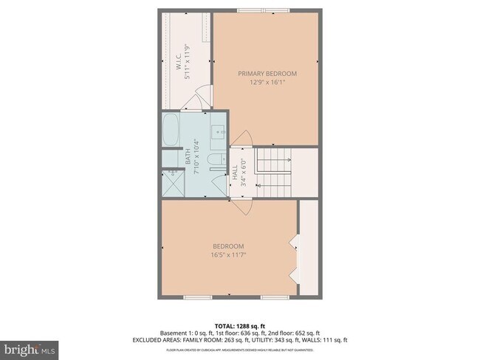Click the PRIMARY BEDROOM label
pyautogui.click(x=267, y=74)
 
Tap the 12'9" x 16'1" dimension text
pyautogui.click(x=267, y=83)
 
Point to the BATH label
pyautogui.click(x=188, y=154)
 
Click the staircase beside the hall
pyautogui.click(x=275, y=170)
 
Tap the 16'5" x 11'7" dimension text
pyautogui.click(x=229, y=255)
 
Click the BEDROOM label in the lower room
pyautogui.click(x=229, y=246)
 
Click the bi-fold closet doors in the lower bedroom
pyautogui.click(x=295, y=259)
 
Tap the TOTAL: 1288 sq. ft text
pyautogui.click(x=240, y=325)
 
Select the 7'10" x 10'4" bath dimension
pyautogui.click(x=196, y=156)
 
